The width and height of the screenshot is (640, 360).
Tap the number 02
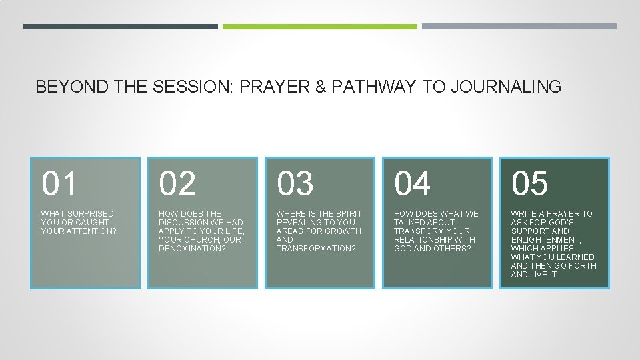[x=178, y=183]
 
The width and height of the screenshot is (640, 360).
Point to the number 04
[x=413, y=183]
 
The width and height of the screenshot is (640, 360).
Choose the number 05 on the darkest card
[x=530, y=183]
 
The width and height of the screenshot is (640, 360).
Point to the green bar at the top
[x=319, y=27]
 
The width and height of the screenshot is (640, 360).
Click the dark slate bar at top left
[x=120, y=27]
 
